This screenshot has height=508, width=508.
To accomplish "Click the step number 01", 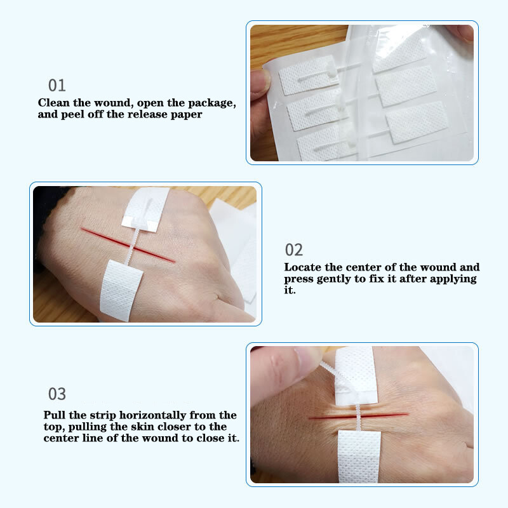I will click(x=57, y=85).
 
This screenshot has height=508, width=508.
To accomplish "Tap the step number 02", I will click(x=293, y=250).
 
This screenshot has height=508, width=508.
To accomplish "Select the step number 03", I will click(x=57, y=394).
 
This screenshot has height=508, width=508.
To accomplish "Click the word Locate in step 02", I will click(x=303, y=267).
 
